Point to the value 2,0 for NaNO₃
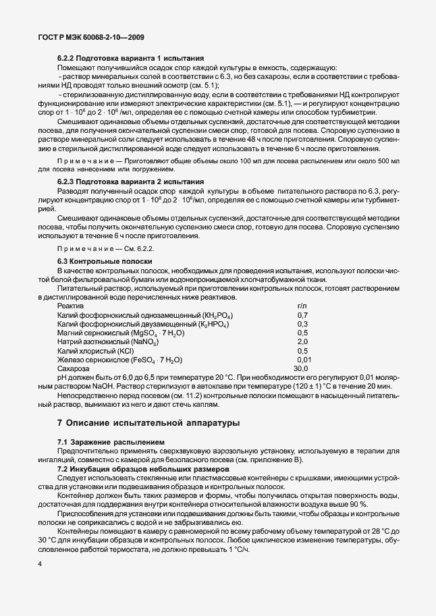(302, 342)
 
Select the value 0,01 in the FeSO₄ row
(304, 360)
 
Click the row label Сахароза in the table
(74, 368)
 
